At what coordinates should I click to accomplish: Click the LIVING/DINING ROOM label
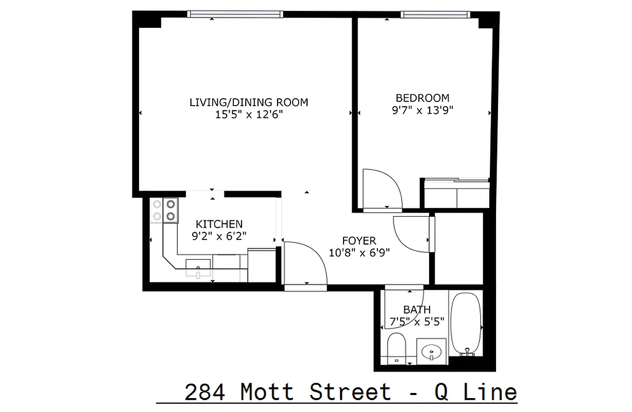(249, 102)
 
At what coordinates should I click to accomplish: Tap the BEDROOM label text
(422, 97)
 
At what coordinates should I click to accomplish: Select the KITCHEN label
(219, 224)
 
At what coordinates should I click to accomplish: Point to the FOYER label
(359, 241)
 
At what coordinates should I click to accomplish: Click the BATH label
(417, 310)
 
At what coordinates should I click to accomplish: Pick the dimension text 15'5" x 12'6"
(249, 114)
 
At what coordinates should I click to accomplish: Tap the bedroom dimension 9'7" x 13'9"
(422, 110)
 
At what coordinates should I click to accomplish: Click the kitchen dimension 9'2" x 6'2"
(219, 236)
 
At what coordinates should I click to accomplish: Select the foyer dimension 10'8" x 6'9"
(359, 252)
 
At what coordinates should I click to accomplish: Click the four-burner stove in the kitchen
(170, 210)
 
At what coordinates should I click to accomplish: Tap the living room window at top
(234, 14)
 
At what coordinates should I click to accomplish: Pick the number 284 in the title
(204, 392)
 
